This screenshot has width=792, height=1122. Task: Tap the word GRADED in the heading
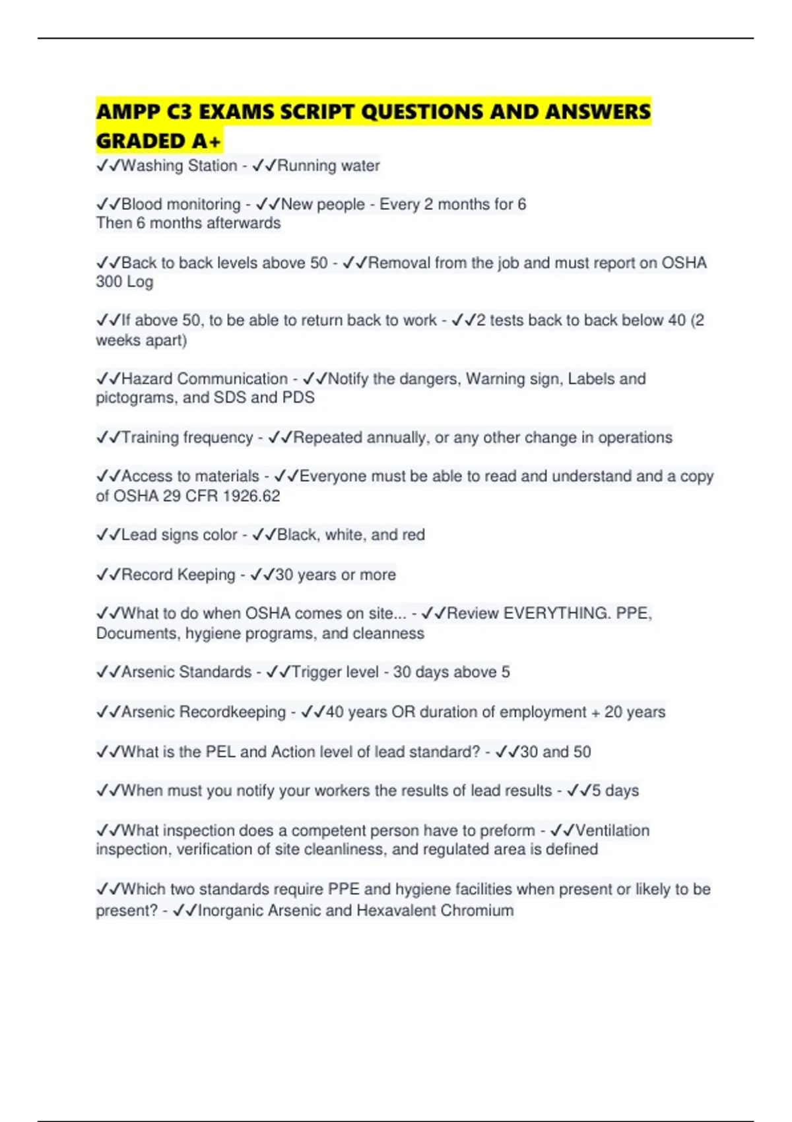141,141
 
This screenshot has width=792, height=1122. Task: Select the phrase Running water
328,166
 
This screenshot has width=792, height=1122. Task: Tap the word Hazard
147,379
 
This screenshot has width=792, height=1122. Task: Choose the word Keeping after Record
206,575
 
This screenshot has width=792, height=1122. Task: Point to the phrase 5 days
615,791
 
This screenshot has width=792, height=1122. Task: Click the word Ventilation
612,830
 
